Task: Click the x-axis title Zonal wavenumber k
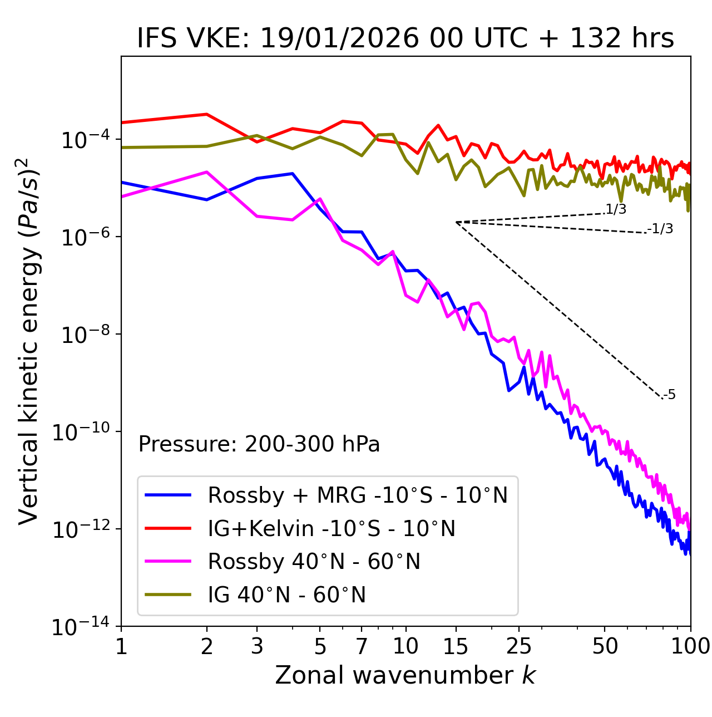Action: tap(406, 675)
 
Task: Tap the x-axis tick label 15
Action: tap(456, 646)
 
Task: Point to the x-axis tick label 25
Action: tap(519, 646)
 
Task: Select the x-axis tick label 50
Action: tap(605, 646)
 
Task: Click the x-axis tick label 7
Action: tap(362, 646)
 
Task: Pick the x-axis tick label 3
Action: tap(257, 646)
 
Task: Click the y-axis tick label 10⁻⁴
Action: tap(83, 140)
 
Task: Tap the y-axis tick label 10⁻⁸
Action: tap(83, 335)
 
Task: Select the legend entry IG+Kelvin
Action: tap(332, 528)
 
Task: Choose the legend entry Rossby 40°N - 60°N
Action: tap(314, 562)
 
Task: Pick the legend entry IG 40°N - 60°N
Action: tap(286, 595)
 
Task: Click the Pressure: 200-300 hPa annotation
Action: tap(259, 444)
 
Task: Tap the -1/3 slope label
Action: tap(660, 229)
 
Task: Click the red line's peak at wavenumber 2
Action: tap(207, 114)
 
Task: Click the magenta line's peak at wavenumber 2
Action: tap(207, 172)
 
